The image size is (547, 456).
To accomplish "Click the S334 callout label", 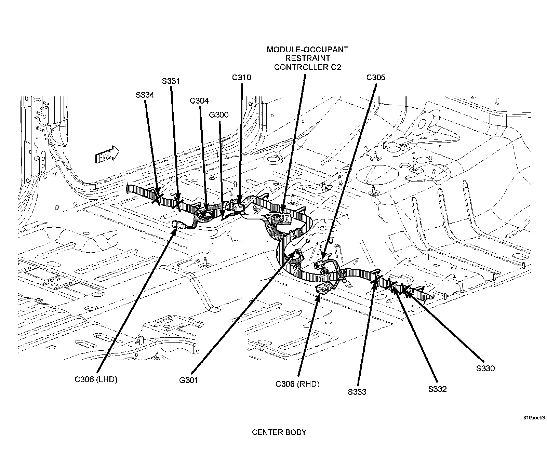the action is (x=145, y=95).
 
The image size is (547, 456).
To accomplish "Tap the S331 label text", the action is (x=171, y=81).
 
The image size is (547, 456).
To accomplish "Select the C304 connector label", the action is (x=199, y=101).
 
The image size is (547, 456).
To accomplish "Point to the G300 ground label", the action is (x=219, y=115).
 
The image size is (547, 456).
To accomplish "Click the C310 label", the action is (x=241, y=78).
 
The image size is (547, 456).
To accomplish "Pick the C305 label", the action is (x=376, y=78).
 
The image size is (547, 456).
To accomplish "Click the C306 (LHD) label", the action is (x=96, y=380).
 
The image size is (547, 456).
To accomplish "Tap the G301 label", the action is (x=188, y=380).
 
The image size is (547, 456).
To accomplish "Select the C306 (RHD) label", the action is (x=297, y=384).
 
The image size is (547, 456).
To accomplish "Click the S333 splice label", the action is (x=357, y=392).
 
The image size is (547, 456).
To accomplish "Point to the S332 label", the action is (x=437, y=389).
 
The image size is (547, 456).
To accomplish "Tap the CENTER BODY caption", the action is (x=279, y=432).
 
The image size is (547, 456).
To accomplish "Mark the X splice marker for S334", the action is (x=157, y=198).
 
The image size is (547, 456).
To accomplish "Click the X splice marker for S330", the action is (x=405, y=289).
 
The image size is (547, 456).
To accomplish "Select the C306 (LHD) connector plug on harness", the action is (x=179, y=224).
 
